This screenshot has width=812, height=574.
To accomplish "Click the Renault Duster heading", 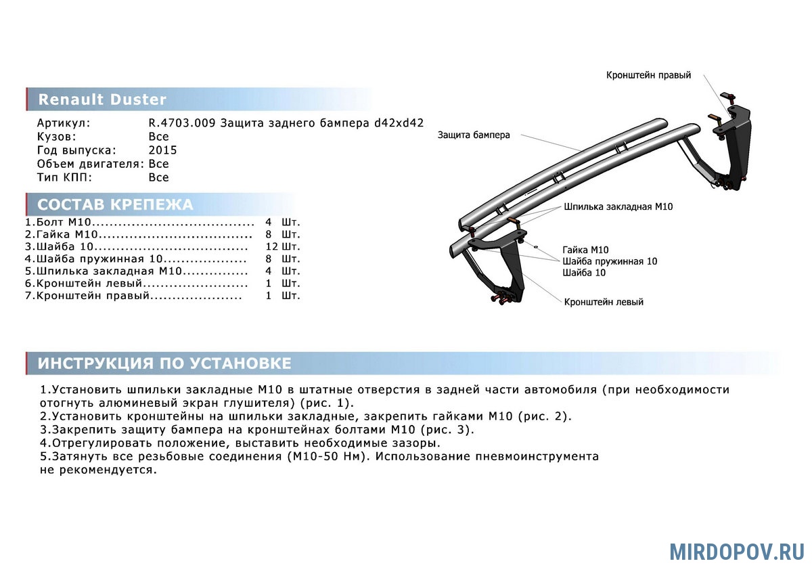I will pos(102,100).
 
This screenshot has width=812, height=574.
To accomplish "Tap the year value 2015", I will pos(162,150).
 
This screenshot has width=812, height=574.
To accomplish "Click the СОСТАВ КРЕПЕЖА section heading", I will pos(115,205).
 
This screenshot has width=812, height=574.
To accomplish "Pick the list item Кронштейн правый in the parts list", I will pos(88,296).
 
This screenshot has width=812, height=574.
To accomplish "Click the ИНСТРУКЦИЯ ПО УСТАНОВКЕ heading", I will pos(164,363).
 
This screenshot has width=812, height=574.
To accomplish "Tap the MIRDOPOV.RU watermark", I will pos(737,551).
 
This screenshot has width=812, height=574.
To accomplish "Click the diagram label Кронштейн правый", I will pos(648,75).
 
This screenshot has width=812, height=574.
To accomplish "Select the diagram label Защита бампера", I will pos(473,135).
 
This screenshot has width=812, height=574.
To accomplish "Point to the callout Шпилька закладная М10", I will pos(618,206).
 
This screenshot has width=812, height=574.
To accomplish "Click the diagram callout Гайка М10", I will pos(585,249).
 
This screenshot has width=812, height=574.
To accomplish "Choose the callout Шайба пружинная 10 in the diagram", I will pos(609,261).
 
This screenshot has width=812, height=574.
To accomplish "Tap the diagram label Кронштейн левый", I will pos(604,302).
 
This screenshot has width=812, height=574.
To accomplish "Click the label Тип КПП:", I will pos(65,177).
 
